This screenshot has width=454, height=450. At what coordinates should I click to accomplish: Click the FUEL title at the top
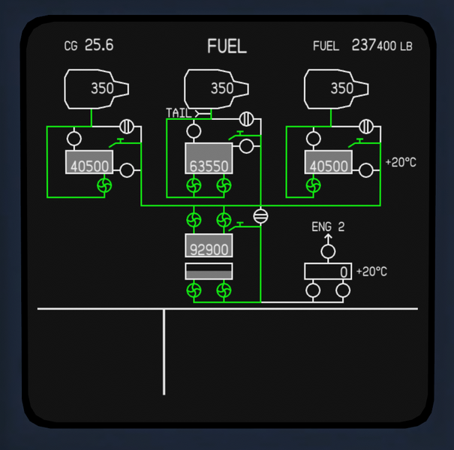227,46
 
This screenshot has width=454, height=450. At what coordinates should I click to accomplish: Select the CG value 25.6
98,45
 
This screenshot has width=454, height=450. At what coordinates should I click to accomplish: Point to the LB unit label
406,46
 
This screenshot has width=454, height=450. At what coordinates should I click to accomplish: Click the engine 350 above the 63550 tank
221,88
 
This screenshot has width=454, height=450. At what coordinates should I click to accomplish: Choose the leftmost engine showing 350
101,88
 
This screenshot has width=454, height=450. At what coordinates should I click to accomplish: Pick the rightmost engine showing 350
341,88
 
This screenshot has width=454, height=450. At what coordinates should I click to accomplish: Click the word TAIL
179,113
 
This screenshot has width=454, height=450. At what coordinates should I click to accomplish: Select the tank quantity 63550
209,166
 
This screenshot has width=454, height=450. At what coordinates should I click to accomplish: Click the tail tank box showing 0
328,271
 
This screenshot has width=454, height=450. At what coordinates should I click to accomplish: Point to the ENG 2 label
328,226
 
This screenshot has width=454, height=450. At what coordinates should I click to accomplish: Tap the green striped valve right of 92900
260,216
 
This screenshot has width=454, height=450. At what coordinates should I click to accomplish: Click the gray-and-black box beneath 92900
209,271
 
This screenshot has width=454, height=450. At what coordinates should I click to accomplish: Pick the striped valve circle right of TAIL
245,118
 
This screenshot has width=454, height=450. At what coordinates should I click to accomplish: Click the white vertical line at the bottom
164,351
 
